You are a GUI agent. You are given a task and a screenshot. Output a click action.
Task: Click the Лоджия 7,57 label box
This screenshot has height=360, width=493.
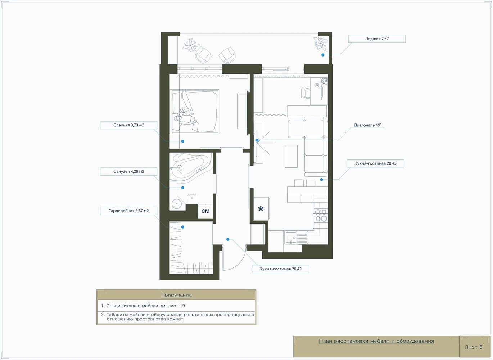pyautogui.click(x=376, y=39)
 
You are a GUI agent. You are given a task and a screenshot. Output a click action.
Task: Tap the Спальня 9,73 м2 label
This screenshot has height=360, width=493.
pyautogui.click(x=128, y=125)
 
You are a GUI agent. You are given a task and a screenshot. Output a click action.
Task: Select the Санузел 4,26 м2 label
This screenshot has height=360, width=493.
pyautogui.click(x=128, y=171)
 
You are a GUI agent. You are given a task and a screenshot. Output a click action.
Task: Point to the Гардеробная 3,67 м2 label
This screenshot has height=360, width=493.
pyautogui.click(x=128, y=211)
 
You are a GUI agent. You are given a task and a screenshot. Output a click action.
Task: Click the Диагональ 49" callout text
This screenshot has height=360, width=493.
pyautogui.click(x=367, y=125)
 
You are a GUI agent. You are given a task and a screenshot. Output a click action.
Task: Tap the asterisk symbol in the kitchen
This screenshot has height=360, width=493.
pyautogui.click(x=261, y=208)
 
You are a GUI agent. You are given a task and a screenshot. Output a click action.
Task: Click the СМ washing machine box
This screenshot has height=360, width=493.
pyautogui.click(x=205, y=211)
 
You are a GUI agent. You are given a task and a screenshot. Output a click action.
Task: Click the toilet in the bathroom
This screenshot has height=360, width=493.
pyautogui.click(x=192, y=199)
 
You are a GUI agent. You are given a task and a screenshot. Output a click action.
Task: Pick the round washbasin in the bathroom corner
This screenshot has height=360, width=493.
pyautogui.click(x=177, y=204)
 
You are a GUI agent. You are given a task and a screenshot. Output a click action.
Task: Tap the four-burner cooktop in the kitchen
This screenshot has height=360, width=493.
pyautogui.click(x=321, y=215)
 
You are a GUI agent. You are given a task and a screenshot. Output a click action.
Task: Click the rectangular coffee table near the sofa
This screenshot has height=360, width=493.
pyautogui.click(x=291, y=156)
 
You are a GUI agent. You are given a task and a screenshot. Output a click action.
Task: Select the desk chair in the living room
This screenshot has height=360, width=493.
pyautogui.click(x=306, y=93)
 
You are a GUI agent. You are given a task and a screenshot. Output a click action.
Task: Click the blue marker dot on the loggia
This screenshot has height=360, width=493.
pyautogui.click(x=323, y=55)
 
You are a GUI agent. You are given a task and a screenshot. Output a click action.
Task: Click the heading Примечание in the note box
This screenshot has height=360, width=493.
pyautogui.click(x=176, y=295)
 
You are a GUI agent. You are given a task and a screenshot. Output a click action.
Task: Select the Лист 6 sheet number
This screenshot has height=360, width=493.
pyautogui.click(x=474, y=347)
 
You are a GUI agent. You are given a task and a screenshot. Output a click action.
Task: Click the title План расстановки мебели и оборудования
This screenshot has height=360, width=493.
pyautogui.click(x=376, y=341)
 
